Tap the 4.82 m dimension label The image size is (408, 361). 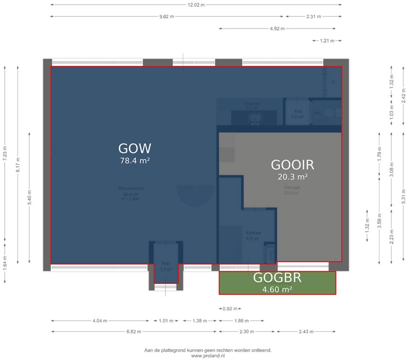tap(277, 29)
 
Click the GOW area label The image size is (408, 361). tap(134, 149)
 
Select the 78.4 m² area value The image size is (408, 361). tap(134, 161)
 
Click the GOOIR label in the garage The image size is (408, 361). tap(292, 165)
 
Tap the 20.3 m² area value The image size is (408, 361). tap(292, 177)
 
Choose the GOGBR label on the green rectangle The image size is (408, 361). tap(277, 278)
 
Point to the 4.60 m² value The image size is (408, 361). tap(277, 289)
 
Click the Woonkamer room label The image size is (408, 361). tap(131, 188)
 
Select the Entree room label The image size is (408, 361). tap(253, 233)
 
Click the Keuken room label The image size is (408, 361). tap(253, 103)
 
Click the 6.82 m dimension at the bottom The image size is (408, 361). tap(133, 332)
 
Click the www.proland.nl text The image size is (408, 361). tap(207, 356)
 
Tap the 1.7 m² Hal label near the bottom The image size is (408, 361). tap(165, 267)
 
